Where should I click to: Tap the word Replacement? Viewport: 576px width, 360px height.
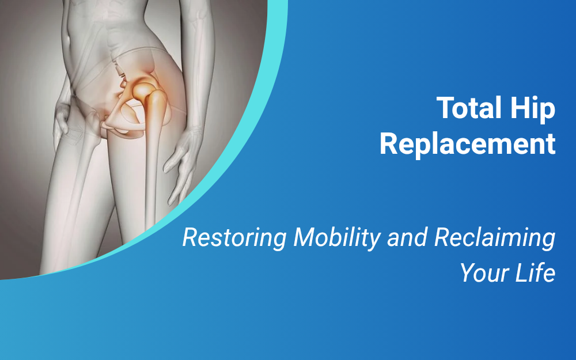click(467, 144)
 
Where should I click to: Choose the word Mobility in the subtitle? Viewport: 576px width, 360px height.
click(337, 238)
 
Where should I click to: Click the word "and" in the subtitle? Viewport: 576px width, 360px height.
click(407, 238)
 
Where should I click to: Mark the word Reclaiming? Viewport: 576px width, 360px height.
click(494, 238)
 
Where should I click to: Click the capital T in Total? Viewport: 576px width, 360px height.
click(445, 108)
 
